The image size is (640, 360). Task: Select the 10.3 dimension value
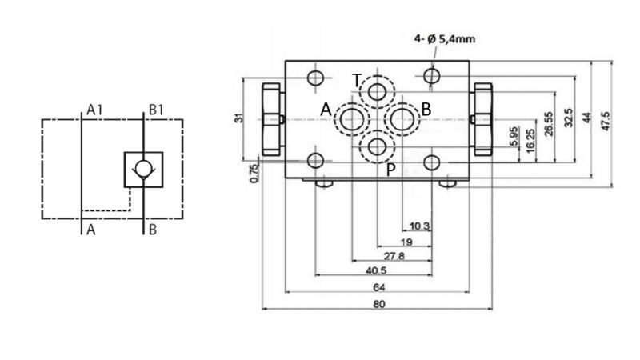(x=419, y=226)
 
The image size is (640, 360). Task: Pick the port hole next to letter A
(x=350, y=119)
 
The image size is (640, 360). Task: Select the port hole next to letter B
(x=402, y=119)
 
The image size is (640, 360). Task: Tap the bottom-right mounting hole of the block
(x=433, y=162)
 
